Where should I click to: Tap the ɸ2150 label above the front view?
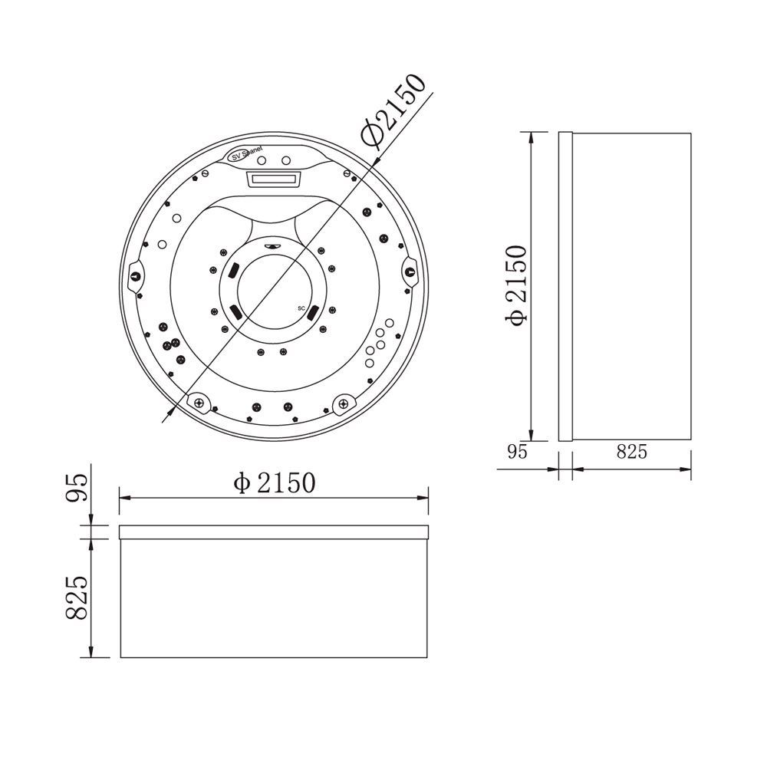coord(274,482)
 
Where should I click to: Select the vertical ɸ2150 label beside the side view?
coord(516,285)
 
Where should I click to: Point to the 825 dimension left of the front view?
coord(77,598)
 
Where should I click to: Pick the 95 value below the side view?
coord(518,452)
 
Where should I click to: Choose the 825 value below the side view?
coord(632,452)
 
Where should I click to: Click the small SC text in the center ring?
coord(301,307)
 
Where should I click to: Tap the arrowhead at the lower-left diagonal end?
coord(167,418)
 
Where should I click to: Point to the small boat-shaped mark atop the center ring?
coord(271,246)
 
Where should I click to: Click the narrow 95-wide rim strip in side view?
coord(565,287)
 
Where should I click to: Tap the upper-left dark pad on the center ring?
coord(232,269)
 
